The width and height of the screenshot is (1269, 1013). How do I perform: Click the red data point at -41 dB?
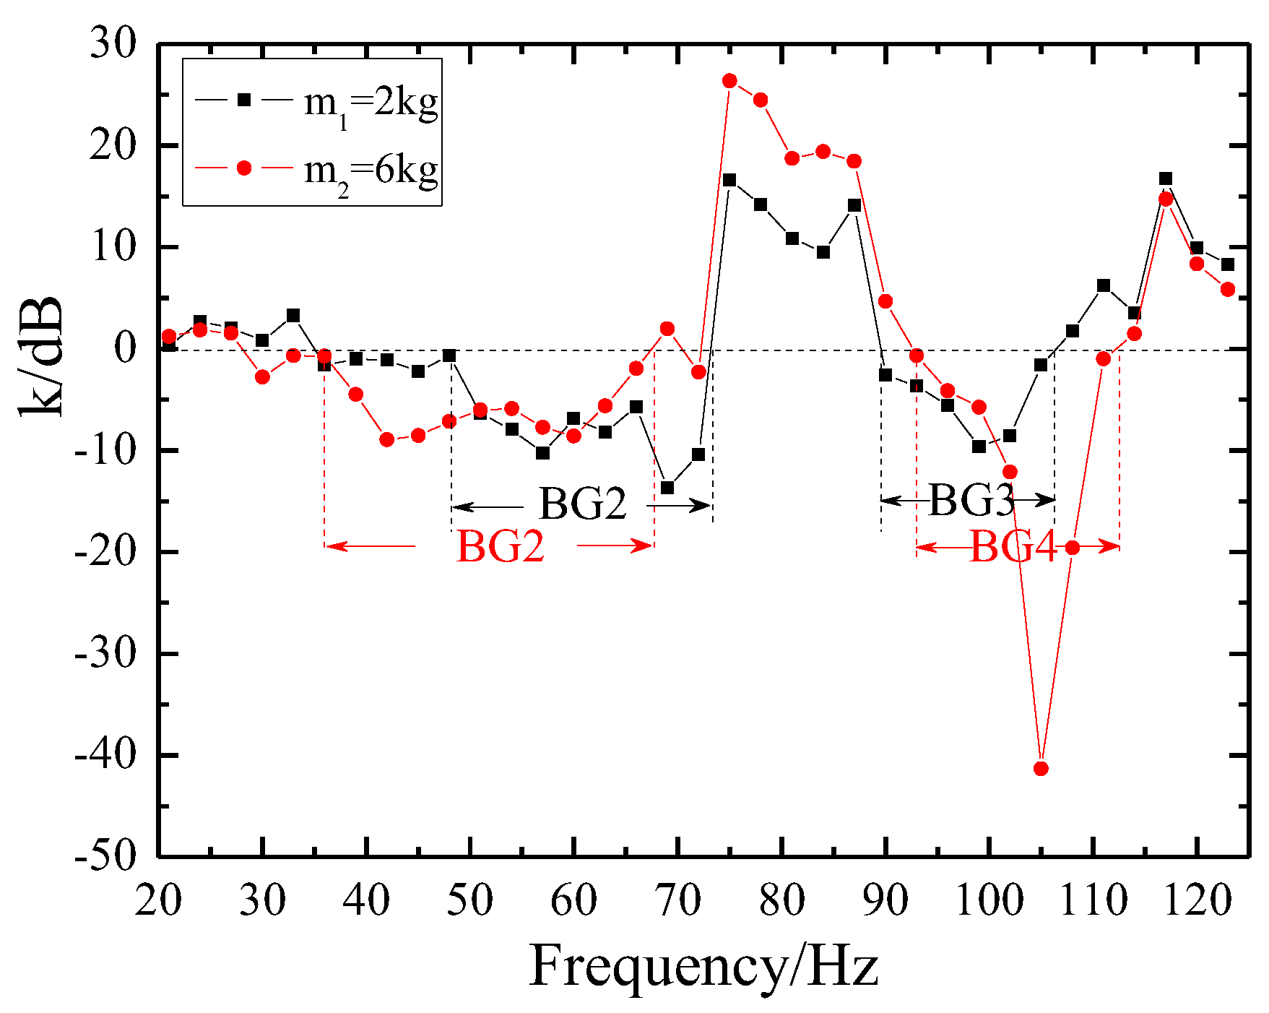click(1041, 768)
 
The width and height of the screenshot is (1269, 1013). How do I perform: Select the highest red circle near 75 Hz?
click(729, 80)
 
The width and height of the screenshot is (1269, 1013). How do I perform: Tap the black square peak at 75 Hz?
click(729, 180)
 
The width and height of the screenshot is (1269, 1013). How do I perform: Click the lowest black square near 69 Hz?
click(667, 488)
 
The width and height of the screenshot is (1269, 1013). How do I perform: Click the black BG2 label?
click(583, 504)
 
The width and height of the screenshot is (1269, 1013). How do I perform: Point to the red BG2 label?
click(500, 546)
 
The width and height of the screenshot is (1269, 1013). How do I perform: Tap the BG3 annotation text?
click(971, 500)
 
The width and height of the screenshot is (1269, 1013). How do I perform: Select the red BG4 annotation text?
click(1013, 546)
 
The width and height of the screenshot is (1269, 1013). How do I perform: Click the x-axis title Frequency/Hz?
click(704, 966)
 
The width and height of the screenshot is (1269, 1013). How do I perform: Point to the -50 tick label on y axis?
click(105, 855)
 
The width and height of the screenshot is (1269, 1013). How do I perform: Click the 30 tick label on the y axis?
click(113, 45)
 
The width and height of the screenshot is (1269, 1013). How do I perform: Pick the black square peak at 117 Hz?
click(1166, 178)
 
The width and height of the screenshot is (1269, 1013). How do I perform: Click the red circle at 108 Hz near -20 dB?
click(1073, 548)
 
